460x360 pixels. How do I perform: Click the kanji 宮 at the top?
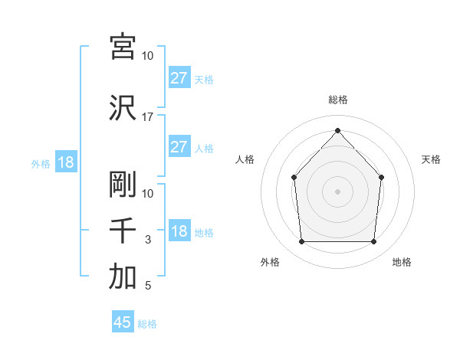click(123, 47)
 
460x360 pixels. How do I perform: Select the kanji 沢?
click(123, 107)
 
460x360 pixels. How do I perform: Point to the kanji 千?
click(123, 231)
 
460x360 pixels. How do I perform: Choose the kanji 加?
click(123, 278)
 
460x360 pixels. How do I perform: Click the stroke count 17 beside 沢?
click(147, 116)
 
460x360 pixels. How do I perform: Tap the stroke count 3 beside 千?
click(148, 240)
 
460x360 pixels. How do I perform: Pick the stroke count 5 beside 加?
click(148, 287)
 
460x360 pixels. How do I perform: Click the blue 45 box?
click(123, 322)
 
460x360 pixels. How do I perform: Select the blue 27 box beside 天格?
click(179, 78)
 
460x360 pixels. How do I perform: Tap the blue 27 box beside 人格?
click(179, 147)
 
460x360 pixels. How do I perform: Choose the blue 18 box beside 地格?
click(179, 232)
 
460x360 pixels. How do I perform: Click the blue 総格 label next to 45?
click(147, 324)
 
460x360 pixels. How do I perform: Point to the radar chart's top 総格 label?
click(337, 100)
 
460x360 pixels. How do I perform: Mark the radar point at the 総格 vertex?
click(337, 130)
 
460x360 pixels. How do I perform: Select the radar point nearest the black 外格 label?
click(301, 242)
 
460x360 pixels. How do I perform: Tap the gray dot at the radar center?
click(337, 191)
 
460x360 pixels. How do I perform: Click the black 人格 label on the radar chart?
click(245, 159)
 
